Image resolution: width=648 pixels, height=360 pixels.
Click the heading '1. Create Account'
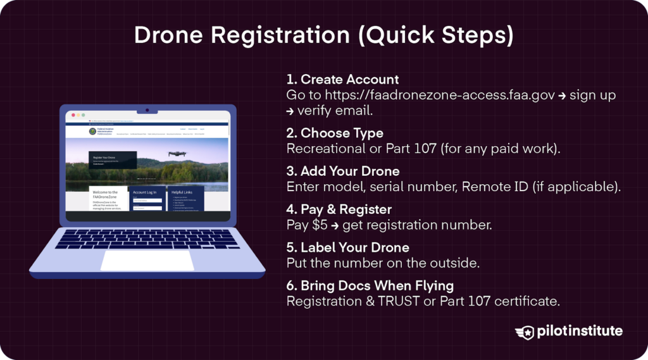point(342,80)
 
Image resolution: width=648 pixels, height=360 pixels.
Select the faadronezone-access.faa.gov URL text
point(440,96)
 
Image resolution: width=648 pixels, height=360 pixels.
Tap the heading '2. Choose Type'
point(335,133)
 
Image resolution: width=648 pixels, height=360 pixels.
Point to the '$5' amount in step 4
point(320,225)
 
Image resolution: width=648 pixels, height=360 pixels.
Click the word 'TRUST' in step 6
point(399,301)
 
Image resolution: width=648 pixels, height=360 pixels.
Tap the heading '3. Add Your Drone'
point(343,171)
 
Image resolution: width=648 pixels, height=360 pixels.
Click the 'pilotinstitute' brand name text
point(579,332)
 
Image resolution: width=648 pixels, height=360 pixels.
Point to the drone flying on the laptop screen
point(177,153)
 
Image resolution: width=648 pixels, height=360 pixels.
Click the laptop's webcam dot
point(147,110)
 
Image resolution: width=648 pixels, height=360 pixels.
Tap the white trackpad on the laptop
point(147,260)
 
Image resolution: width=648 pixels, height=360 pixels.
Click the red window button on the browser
point(73,115)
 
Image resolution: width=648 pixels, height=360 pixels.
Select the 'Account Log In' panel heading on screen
point(144,192)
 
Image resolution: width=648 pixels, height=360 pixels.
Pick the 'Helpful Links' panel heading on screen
point(182,192)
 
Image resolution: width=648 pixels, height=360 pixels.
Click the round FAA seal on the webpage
point(92,132)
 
